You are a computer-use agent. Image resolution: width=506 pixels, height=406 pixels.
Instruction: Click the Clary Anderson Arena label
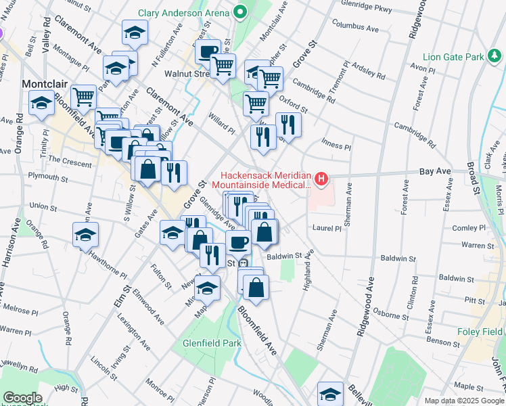click(x=183, y=13)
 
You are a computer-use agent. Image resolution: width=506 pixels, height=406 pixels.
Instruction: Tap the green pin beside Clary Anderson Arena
click(x=239, y=12)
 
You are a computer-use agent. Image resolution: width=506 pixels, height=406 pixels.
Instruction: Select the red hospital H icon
click(x=321, y=179)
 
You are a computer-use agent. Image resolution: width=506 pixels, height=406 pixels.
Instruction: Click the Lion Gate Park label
click(x=452, y=57)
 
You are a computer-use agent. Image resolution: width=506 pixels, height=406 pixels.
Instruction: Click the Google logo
click(x=22, y=398)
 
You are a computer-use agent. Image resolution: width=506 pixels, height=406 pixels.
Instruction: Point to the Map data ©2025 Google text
click(x=463, y=401)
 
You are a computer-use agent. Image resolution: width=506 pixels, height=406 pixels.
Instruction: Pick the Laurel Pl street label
click(x=327, y=229)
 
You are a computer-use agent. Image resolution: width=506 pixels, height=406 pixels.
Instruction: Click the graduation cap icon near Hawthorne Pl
click(x=86, y=234)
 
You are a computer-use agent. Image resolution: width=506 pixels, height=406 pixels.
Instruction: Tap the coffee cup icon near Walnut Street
click(x=208, y=51)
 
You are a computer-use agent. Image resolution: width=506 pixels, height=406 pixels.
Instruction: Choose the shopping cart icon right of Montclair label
click(x=83, y=97)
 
